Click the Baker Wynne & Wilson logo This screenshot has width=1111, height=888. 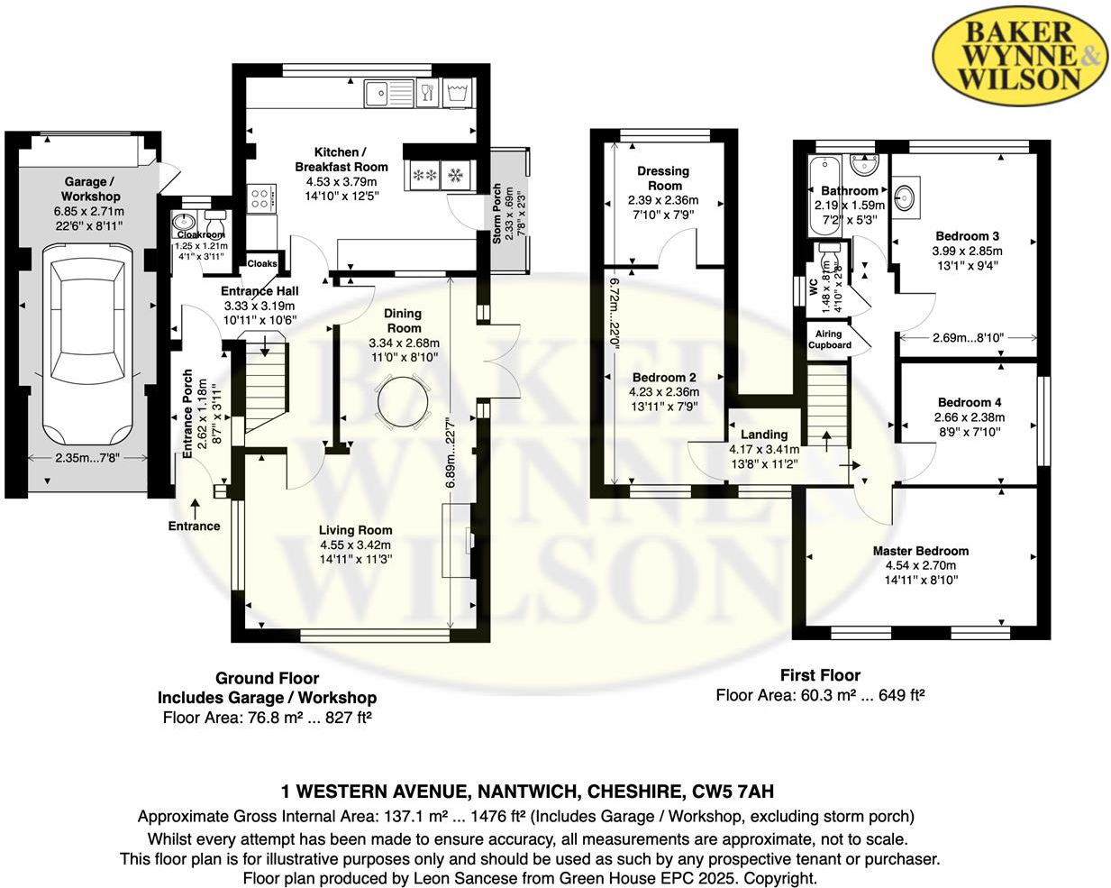coord(1021,55)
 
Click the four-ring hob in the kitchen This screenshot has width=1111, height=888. coord(260,197)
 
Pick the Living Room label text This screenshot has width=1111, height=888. coord(355,530)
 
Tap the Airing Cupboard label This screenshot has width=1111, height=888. coord(829,339)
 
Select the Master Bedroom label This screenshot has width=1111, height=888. coord(920,551)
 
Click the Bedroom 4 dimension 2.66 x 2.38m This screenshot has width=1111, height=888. coord(969,417)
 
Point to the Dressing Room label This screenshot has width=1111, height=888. coord(663,178)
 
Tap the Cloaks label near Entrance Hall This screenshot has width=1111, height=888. coord(262,263)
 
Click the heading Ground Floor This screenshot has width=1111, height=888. coord(267,678)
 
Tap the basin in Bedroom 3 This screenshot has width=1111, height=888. coord(906,194)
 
